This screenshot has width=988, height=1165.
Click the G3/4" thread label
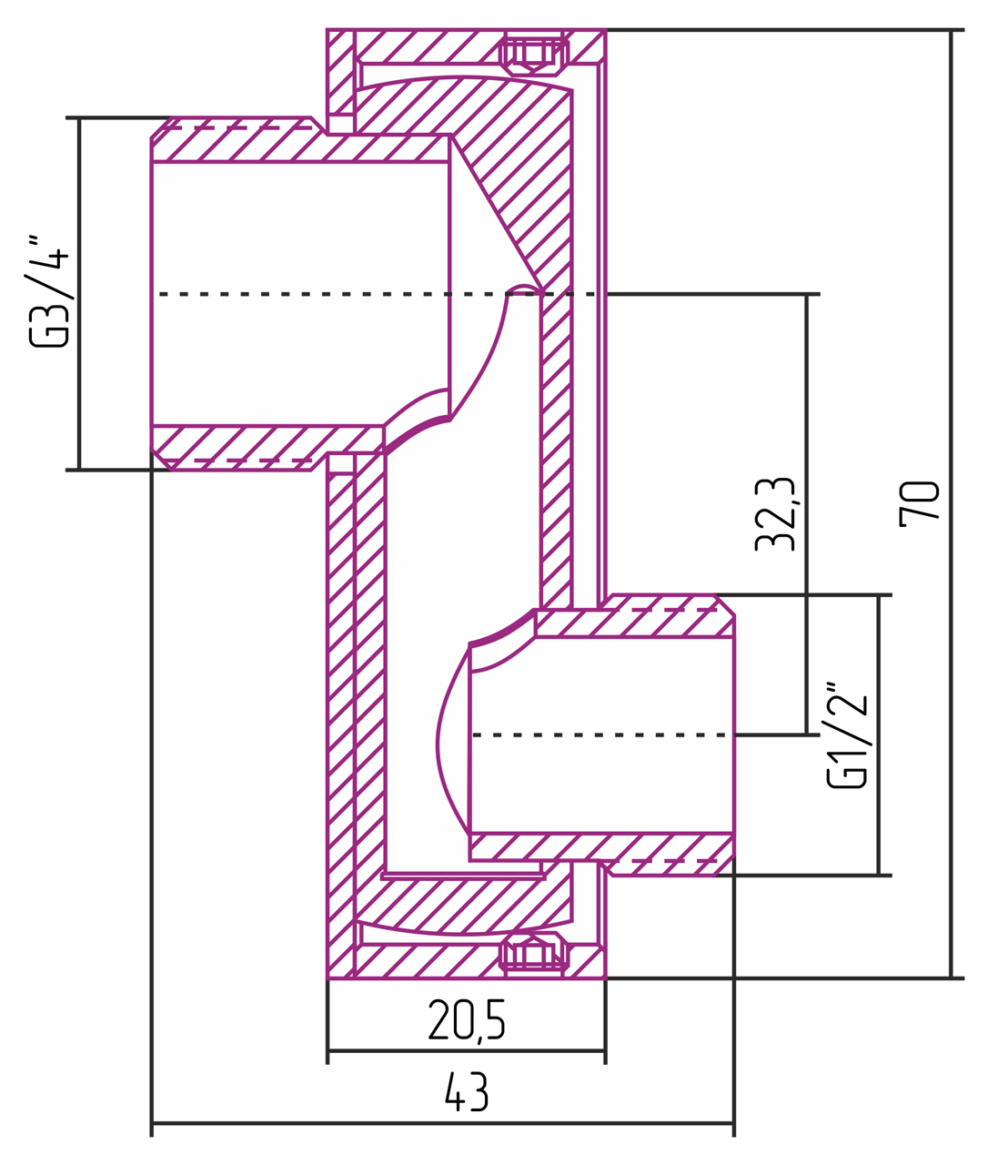[x=48, y=291]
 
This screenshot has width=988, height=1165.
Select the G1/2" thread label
[x=846, y=734]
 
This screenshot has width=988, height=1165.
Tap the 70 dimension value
[x=919, y=503]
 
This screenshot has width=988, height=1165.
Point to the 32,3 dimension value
[x=775, y=513]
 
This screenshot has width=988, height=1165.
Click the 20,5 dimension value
[x=466, y=1019]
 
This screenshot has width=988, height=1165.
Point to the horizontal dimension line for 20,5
[x=466, y=1050]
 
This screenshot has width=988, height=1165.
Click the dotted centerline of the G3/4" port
[x=300, y=294]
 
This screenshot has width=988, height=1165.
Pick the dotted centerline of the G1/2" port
[x=600, y=734]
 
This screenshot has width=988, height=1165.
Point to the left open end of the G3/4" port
[x=152, y=294]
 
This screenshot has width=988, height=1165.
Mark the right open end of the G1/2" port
[x=733, y=734]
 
